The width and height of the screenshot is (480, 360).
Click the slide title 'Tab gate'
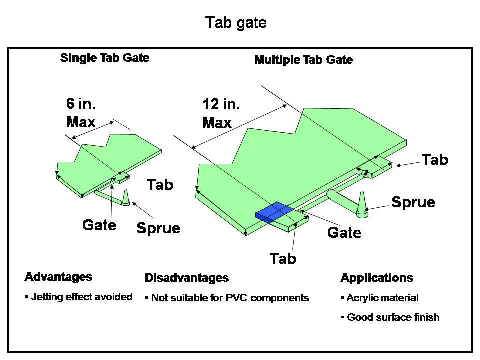pos(236,23)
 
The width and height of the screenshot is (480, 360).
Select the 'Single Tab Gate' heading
pos(105,58)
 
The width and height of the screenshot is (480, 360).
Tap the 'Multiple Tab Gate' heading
pos(303,60)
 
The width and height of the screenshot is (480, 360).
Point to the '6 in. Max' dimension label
pos(81,113)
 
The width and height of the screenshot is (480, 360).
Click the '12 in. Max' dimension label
pos(221,113)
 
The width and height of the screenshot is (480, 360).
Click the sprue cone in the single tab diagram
pos(125,198)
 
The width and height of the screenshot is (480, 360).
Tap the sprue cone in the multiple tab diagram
pos(362,204)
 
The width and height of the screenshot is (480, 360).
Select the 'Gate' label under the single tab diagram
pos(99,225)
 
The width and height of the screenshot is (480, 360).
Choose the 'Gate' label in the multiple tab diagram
pos(344,232)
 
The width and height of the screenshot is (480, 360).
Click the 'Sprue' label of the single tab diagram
pos(158,228)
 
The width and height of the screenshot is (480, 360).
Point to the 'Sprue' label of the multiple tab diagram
pos(413,202)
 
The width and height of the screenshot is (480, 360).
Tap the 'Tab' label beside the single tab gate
pos(160,184)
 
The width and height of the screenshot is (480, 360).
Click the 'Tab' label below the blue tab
pos(283,258)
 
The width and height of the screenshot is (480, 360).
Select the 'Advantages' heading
pos(58,277)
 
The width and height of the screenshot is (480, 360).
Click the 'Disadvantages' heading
pos(186,278)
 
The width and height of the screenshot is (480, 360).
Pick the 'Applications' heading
pos(377,278)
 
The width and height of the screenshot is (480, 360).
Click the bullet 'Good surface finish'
pos(390,317)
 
